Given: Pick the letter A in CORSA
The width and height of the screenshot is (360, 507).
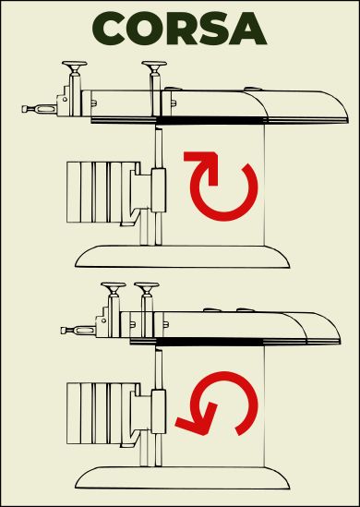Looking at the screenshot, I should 248,30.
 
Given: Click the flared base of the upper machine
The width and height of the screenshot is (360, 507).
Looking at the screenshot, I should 183,256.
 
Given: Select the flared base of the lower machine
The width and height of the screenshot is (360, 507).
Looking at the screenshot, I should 183,477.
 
